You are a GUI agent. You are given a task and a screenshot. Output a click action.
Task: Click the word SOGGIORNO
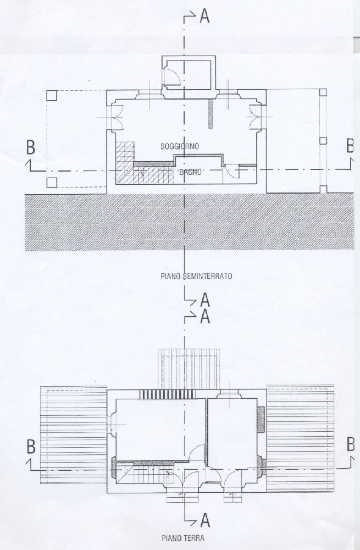point(180,146)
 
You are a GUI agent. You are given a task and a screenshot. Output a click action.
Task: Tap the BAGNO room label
point(190,172)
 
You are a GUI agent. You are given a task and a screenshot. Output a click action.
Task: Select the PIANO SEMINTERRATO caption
point(196,276)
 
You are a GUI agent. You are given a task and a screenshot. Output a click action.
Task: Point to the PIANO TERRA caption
point(183,538)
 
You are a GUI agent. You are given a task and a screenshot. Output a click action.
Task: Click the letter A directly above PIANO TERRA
point(206,520)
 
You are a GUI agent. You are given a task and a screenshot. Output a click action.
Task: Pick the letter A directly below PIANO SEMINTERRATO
point(205,301)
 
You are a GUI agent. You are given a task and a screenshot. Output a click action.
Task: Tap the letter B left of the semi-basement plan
point(31,147)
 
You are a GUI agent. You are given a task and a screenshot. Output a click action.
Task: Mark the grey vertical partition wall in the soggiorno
point(211,114)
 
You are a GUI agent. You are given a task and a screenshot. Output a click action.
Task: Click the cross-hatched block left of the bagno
point(125,162)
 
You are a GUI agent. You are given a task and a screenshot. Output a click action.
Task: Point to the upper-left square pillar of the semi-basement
point(52,95)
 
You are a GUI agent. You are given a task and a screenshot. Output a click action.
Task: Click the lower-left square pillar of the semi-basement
point(52,183)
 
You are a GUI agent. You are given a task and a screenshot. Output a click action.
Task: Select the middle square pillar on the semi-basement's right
point(323,141)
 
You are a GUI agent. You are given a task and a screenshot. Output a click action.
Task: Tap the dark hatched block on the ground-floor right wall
point(261,419)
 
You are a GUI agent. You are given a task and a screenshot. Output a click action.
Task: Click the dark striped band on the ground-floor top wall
point(167,394)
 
